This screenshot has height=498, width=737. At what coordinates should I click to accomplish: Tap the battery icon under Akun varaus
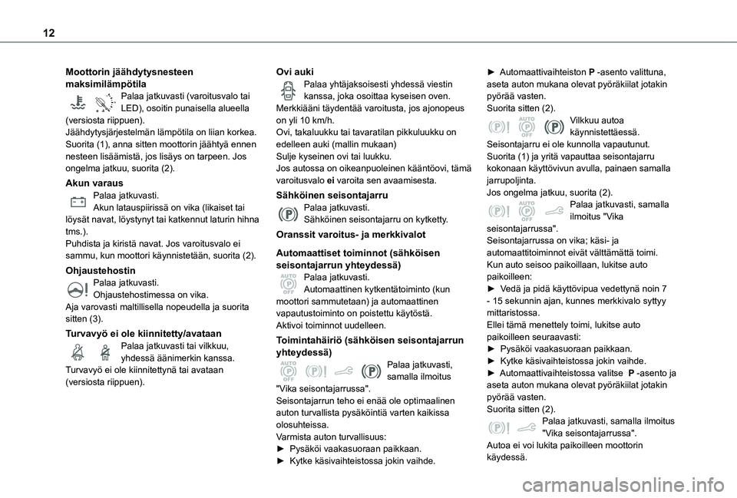[x=78, y=203]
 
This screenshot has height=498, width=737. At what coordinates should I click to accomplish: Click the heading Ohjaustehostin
[x=101, y=271]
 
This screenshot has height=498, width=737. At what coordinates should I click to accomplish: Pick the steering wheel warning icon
[x=78, y=289]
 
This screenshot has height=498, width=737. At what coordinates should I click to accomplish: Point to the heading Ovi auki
[x=294, y=71]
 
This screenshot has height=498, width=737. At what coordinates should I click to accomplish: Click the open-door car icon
[x=288, y=91]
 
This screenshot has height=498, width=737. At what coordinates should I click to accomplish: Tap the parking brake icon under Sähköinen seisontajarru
[x=288, y=214]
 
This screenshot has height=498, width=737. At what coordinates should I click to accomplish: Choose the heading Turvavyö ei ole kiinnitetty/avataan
[x=144, y=333]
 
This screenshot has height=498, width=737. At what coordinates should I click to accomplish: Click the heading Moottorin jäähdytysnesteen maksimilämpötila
[x=129, y=77]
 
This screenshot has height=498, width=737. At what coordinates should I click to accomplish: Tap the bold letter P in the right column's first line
[x=590, y=71]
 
